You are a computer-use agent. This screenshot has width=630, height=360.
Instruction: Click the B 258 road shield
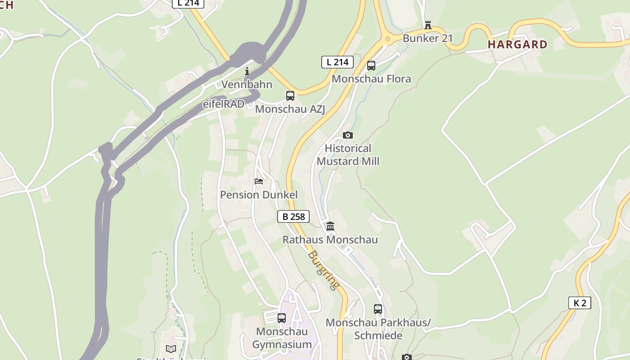pos(293,216)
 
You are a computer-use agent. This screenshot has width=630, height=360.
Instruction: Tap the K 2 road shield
pos(580,303)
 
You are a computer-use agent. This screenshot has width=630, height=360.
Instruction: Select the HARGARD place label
pos(517,45)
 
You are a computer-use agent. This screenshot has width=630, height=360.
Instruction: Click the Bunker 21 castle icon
pos(427,25)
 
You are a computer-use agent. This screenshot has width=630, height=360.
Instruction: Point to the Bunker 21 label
pos(427,38)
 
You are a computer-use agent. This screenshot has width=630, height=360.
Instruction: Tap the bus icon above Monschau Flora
pos(371,66)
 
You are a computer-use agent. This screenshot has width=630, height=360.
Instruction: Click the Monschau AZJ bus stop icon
pos(290,96)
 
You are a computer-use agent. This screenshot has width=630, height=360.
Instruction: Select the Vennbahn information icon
pos(247,71)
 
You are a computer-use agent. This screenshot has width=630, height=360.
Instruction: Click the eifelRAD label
pos(224,104)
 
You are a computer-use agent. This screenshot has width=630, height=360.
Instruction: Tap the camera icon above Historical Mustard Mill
pos(347,135)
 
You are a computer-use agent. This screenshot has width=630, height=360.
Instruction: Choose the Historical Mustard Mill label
pos(348,155)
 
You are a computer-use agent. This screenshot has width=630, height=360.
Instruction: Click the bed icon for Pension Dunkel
pos(259,181)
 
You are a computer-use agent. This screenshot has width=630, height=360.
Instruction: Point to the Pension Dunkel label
pos(259,195)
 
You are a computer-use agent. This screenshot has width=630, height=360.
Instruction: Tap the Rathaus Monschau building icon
pos(330,226)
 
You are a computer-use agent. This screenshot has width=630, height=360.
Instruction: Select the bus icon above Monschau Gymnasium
pos(282,318)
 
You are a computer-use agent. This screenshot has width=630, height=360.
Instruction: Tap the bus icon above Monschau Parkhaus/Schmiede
pos(378,309)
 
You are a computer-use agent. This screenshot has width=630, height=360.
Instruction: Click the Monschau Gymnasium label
pos(282,338)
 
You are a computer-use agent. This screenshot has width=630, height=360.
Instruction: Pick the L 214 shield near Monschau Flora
pos(337,62)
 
